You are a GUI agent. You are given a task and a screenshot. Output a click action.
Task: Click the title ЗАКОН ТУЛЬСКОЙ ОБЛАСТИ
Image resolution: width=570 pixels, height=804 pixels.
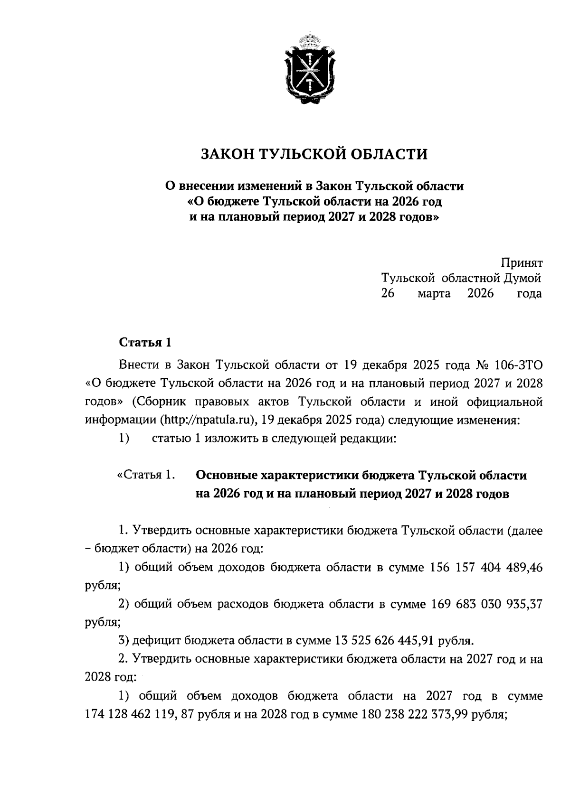(x=314, y=154)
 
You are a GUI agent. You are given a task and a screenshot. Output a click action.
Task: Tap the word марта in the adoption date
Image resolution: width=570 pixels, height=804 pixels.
(x=434, y=294)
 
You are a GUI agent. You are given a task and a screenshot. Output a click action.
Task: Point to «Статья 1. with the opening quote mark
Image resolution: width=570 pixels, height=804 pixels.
(x=143, y=476)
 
